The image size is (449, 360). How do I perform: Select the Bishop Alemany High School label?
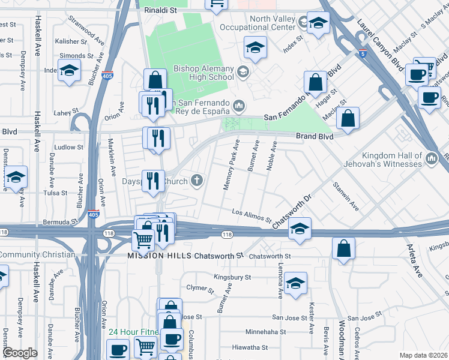204,73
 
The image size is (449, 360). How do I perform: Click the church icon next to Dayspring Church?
197,180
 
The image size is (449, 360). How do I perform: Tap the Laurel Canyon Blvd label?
379,44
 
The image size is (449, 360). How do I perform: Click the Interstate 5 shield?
361,54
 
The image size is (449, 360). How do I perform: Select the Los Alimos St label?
252,214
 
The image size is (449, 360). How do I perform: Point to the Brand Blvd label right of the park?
314,137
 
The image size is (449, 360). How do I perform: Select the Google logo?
20,353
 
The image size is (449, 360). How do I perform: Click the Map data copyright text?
424,355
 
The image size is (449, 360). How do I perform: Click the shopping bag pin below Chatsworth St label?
343,249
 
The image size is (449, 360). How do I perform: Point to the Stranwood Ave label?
84,27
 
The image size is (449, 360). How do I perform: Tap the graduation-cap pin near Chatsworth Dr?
299,229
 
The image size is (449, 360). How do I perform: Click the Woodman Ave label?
341,342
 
